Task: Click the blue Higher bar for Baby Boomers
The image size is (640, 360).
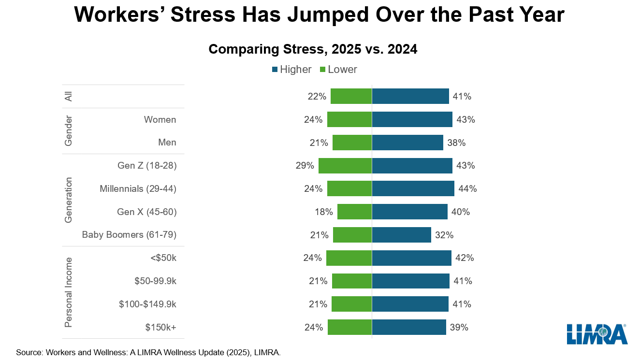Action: coord(401,235)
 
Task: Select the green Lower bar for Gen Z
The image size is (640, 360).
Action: coord(345,166)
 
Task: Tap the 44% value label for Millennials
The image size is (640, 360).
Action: coord(467,189)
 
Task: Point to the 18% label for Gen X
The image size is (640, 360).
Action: coord(323,212)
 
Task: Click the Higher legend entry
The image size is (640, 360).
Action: coord(291,70)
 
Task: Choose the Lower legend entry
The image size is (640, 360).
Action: coord(338,70)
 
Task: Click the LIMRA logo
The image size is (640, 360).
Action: coord(597,334)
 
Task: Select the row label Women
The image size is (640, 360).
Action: coord(160,119)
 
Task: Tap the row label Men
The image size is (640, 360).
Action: coord(167,143)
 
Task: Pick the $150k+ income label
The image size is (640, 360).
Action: coord(161,327)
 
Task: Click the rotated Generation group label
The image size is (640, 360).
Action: coord(69,200)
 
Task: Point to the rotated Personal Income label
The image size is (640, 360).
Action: coord(69,292)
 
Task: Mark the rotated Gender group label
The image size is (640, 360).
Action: coord(69,131)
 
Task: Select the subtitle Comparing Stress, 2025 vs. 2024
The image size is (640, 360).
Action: coord(313,49)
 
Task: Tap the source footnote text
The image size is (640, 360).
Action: coord(148,352)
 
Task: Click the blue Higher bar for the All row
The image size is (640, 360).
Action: coord(410,96)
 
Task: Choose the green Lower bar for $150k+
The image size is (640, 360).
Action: coord(349,327)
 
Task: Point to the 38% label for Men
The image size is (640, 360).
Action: coord(456,143)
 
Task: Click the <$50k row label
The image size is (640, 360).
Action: coord(163,258)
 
